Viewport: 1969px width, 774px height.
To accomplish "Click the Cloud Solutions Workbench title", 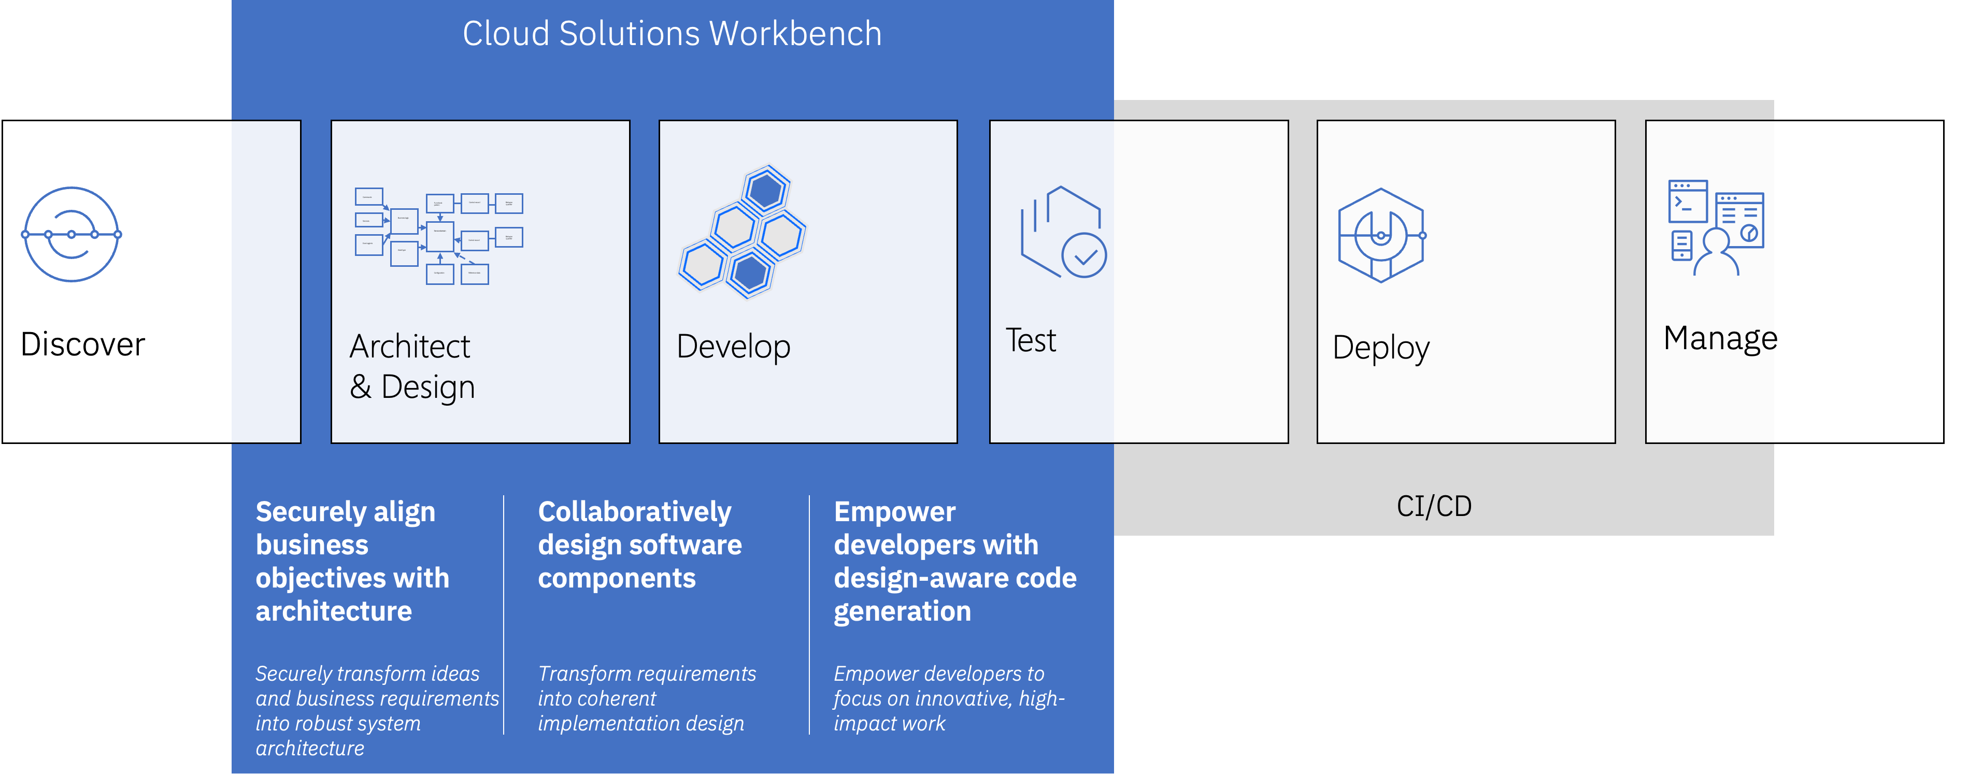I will (x=672, y=34).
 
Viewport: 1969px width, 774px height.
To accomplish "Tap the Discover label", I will (x=82, y=345).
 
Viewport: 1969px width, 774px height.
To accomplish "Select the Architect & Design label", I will (x=412, y=367).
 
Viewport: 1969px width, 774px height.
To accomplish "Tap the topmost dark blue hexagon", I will (x=765, y=190).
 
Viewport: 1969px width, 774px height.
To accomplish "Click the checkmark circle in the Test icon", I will (x=1084, y=256).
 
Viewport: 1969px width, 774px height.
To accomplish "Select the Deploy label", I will (x=1380, y=348).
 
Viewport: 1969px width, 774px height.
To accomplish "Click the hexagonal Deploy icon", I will (x=1380, y=235).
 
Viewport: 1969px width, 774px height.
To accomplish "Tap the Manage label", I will (x=1720, y=338).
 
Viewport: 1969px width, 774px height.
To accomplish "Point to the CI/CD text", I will (x=1433, y=506).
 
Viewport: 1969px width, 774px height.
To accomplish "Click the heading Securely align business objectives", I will (x=352, y=561).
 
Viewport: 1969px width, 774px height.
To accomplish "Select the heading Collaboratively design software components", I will (x=639, y=544).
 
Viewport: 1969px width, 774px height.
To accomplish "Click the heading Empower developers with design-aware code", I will (x=954, y=561).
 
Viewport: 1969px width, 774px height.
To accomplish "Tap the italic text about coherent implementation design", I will (x=646, y=698).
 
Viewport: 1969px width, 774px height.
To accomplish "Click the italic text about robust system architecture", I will (x=376, y=711).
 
